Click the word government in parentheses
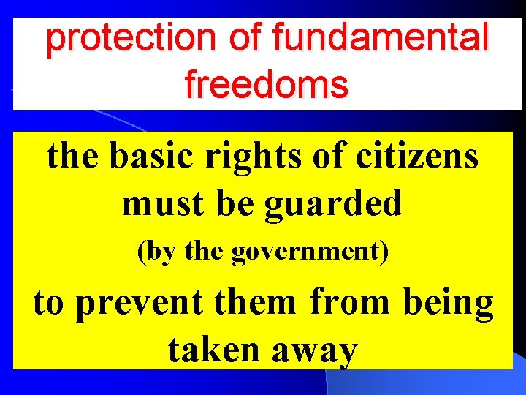click(311, 253)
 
